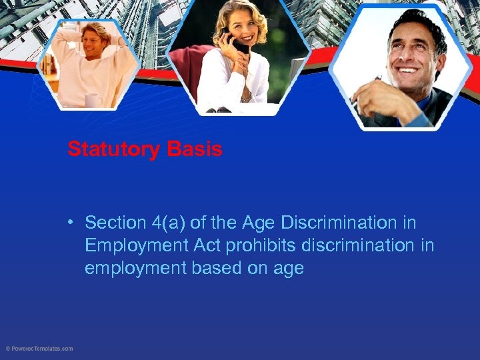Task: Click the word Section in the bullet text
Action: point(115,223)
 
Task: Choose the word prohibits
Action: point(262,245)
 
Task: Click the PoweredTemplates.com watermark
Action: point(40,349)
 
